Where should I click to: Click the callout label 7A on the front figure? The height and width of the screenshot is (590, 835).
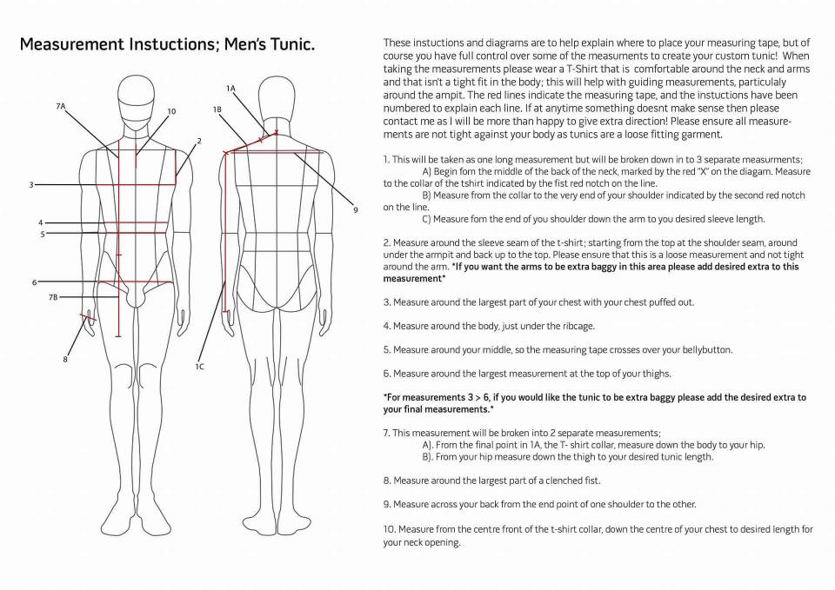pos(60,106)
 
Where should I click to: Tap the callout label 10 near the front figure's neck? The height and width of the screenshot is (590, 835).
pos(171,111)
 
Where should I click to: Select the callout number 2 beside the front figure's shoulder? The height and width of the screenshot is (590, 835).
pos(199,141)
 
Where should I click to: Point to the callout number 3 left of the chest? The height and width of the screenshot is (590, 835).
pos(31,184)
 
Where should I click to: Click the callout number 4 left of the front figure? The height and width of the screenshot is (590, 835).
pos(41,223)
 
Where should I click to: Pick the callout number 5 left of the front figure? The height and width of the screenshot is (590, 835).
pos(43,234)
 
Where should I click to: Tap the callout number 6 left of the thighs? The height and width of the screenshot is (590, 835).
pos(35,282)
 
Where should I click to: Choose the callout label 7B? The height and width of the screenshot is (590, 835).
pos(53,297)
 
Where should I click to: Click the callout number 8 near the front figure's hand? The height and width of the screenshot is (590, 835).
pos(65,360)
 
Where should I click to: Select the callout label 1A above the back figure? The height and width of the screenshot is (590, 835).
pos(230,89)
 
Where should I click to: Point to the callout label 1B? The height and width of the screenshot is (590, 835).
pos(217,109)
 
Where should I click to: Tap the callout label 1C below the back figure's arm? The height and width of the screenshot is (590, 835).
pos(199,367)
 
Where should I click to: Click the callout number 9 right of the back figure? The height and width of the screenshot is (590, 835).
pos(356,210)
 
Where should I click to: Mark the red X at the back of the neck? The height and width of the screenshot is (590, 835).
pos(276,132)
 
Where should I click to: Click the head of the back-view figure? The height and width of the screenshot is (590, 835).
pos(277,99)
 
